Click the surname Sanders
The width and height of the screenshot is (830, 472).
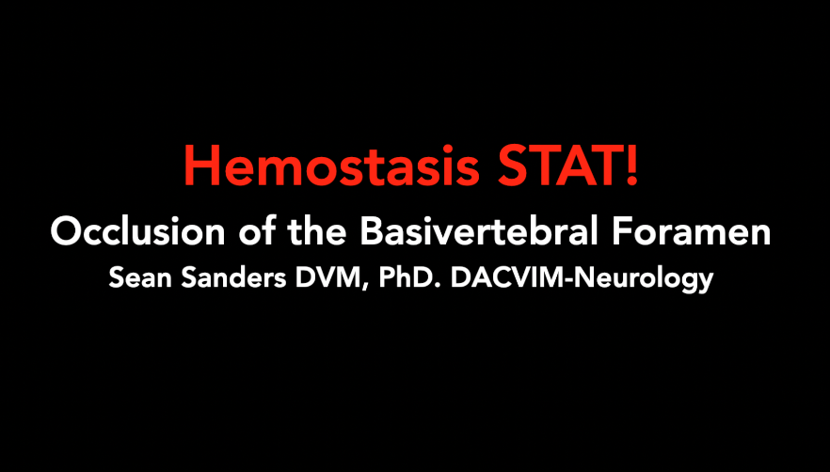tap(219, 279)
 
